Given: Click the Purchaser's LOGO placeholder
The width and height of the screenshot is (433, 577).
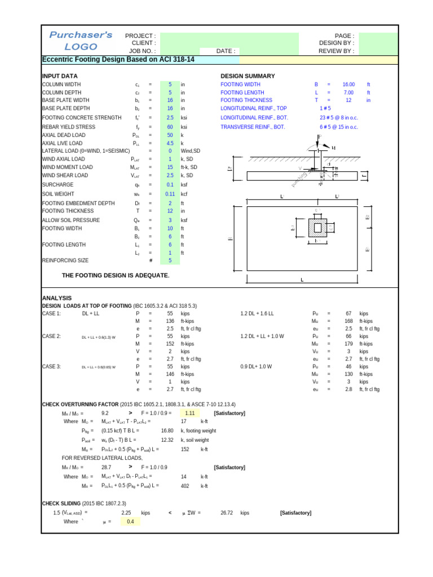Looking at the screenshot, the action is (81, 41).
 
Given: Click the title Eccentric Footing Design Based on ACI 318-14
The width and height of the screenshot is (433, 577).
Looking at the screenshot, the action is (118, 59).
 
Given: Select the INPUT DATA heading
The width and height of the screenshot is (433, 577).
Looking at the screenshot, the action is (60, 76).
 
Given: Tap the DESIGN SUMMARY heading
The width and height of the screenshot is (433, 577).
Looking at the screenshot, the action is (248, 76).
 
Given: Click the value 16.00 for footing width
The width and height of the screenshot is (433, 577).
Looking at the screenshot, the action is (348, 84).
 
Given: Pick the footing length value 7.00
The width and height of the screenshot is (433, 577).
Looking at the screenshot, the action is (348, 92).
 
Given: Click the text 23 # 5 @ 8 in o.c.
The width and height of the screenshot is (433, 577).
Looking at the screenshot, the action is (338, 118).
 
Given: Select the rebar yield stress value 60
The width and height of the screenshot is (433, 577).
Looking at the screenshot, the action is (170, 127).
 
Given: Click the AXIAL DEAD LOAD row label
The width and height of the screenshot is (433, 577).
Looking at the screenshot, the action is (64, 135).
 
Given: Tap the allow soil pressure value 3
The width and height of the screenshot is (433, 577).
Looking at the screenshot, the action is (170, 220).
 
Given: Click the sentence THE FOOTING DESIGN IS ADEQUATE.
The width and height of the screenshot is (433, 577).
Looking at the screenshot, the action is (116, 275).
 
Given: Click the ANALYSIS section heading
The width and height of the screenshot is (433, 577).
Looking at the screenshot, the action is (57, 298).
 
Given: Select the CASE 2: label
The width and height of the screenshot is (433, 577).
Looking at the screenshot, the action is (51, 336).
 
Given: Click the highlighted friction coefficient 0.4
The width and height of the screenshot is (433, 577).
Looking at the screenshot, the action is (130, 522).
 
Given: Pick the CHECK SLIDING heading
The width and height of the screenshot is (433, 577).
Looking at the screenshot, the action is (61, 503).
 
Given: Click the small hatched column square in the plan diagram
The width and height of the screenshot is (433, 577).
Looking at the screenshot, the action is (318, 227).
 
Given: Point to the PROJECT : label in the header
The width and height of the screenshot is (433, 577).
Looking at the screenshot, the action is (140, 35).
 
